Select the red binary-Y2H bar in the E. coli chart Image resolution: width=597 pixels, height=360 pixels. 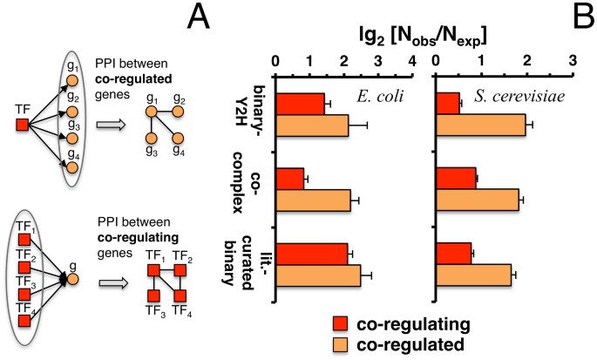[x=300, y=104]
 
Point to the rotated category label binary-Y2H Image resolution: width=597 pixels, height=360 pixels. [x=254, y=113]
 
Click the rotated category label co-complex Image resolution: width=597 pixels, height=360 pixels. [x=254, y=190]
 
